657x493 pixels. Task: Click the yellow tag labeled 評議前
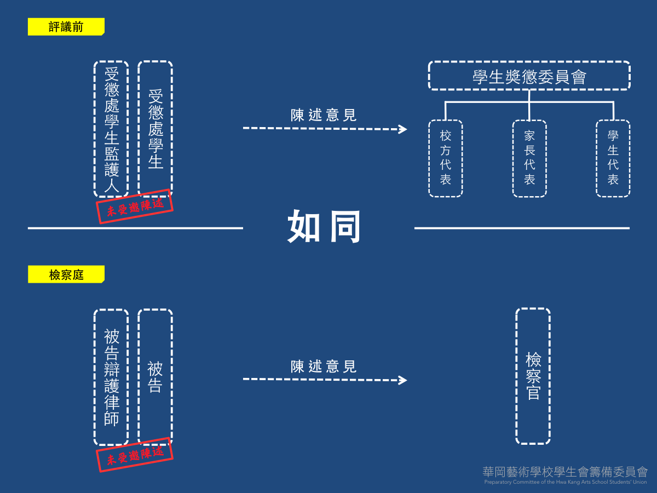coord(66,27)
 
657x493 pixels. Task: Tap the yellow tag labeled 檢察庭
coord(66,274)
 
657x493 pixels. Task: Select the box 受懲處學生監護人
coord(111,129)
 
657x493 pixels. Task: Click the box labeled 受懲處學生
coord(155,129)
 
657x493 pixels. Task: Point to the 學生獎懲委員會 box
coord(529,76)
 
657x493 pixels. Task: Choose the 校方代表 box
coord(446,158)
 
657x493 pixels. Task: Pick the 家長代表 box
coord(529,158)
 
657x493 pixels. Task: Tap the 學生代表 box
coord(613,158)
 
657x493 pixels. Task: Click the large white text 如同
coord(324,226)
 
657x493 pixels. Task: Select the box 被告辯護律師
coord(111,377)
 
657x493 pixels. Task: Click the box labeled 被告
coord(155,377)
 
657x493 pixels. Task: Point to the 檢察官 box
coord(533,376)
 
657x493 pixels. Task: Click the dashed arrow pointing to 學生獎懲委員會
coord(325,129)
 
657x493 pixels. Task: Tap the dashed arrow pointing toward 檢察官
coord(325,380)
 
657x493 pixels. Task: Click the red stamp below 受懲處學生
coord(135,207)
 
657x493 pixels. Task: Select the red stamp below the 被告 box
coord(135,454)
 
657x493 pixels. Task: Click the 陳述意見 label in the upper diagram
coord(324,115)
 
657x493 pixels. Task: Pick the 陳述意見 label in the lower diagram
coord(324,366)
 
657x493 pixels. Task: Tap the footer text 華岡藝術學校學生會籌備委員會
coord(565,472)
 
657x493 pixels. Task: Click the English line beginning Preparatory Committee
coord(565,482)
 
